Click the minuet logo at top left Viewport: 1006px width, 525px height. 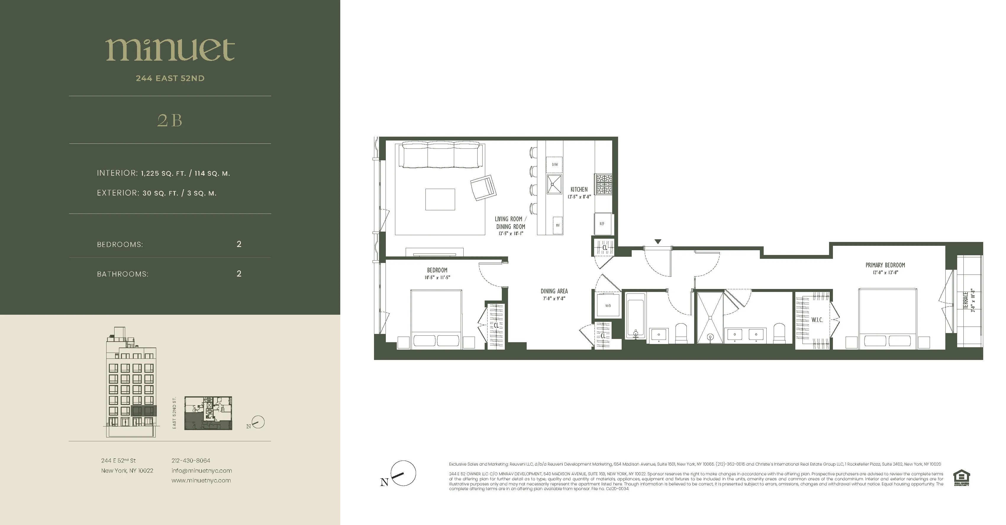[x=170, y=50]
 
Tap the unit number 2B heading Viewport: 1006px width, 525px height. [x=170, y=121]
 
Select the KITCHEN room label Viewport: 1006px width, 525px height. [x=579, y=190]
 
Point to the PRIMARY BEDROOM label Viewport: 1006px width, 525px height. [x=885, y=265]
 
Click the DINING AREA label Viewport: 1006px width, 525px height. [x=554, y=291]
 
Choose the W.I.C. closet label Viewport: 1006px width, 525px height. [x=817, y=320]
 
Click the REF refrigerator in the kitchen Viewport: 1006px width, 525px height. [x=602, y=224]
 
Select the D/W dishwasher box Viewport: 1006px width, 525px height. [x=554, y=165]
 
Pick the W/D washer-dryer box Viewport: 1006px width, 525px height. [x=608, y=306]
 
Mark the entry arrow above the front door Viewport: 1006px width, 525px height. [x=658, y=242]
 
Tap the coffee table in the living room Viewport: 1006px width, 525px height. [x=440, y=199]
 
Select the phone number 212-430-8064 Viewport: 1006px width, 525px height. [x=191, y=461]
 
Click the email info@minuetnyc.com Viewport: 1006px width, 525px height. [x=201, y=471]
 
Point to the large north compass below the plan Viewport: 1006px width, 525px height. [x=403, y=474]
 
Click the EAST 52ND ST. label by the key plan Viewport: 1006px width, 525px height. [x=175, y=413]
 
